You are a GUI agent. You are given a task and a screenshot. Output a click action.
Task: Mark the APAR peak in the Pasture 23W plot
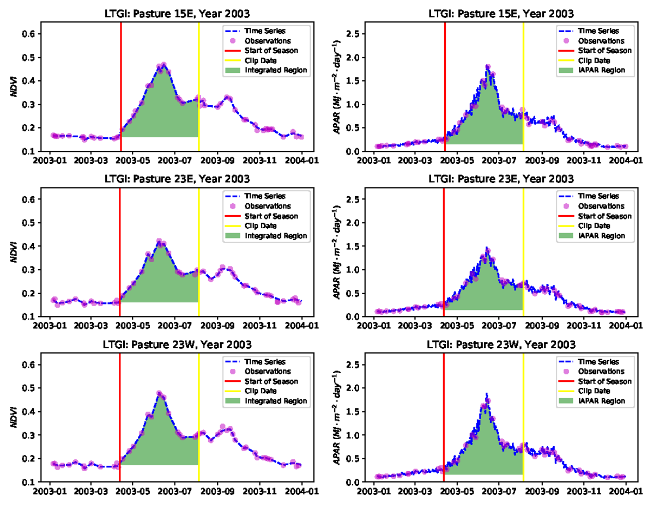pyautogui.click(x=486, y=393)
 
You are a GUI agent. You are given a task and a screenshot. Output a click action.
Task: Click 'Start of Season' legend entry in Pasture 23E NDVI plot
pyautogui.click(x=279, y=216)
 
